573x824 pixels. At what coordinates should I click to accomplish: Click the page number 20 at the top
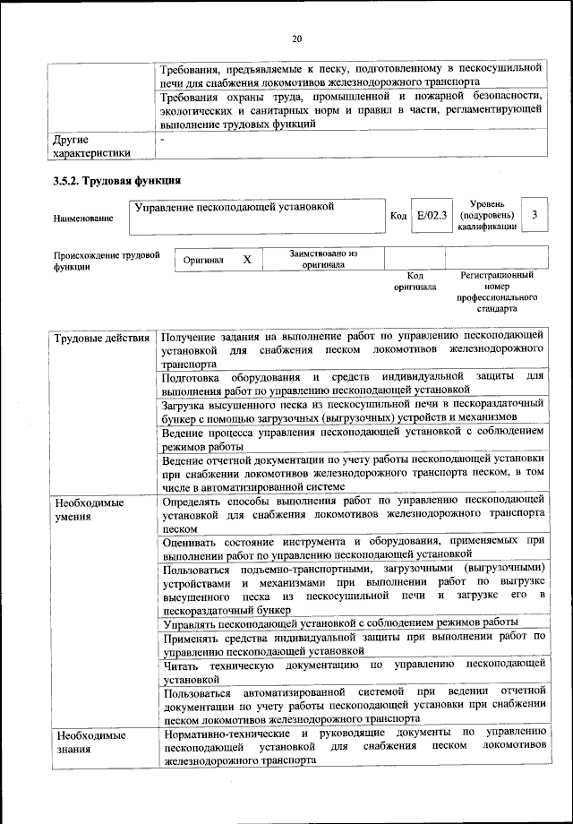pyautogui.click(x=297, y=38)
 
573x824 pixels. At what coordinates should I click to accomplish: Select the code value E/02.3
pyautogui.click(x=432, y=216)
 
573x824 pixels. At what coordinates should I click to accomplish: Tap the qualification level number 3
pyautogui.click(x=535, y=216)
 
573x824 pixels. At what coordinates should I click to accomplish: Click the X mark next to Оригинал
pyautogui.click(x=247, y=260)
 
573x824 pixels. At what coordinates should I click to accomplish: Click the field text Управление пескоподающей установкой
pyautogui.click(x=234, y=208)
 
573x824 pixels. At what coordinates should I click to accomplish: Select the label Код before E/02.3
pyautogui.click(x=398, y=217)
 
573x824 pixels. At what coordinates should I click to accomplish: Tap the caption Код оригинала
pyautogui.click(x=415, y=281)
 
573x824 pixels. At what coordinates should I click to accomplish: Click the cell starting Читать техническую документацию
pyautogui.click(x=355, y=671)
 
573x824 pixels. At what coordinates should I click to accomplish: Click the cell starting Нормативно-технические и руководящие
pyautogui.click(x=355, y=746)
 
